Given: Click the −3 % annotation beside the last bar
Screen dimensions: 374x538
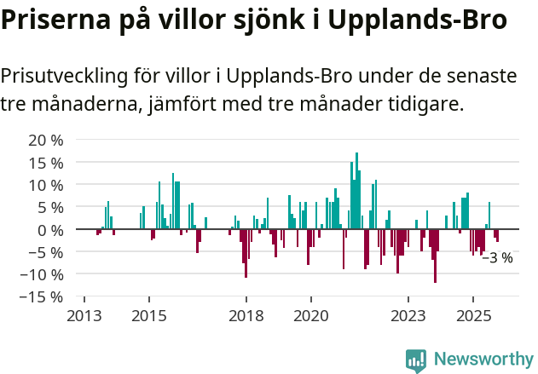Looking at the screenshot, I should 497,257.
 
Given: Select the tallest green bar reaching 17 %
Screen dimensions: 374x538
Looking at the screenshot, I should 356,191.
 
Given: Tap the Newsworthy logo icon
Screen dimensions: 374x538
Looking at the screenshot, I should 416,360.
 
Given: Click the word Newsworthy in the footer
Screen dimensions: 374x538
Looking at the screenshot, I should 483,360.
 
